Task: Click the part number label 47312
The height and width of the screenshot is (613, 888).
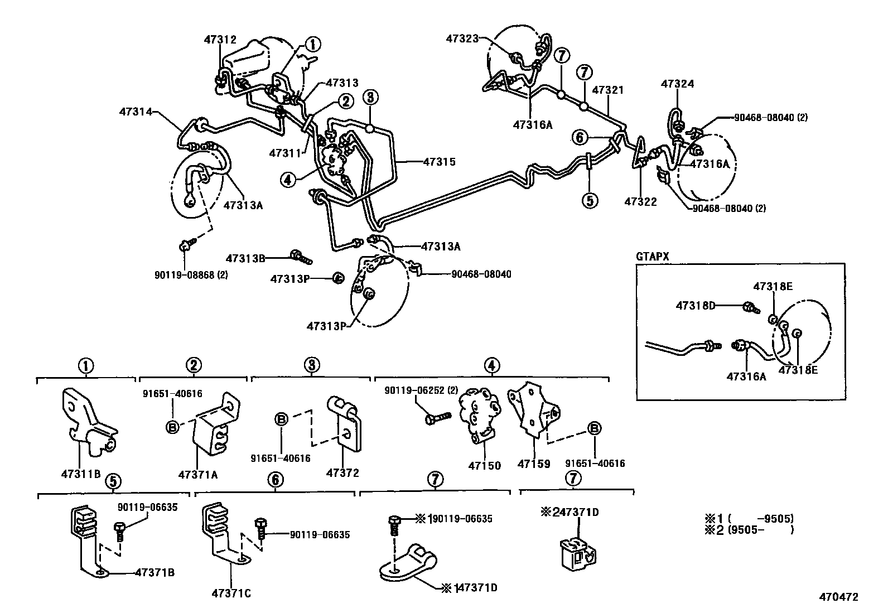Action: tap(220, 40)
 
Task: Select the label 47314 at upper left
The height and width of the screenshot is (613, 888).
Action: tap(135, 112)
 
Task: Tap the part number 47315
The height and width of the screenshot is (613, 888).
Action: tap(439, 162)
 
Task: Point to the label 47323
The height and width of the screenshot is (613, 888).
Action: tap(462, 38)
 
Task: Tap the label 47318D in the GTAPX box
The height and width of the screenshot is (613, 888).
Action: tap(694, 305)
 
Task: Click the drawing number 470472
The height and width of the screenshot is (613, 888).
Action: tap(838, 597)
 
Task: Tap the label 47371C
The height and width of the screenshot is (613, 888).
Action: tap(231, 593)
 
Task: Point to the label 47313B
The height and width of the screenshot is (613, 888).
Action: tap(245, 258)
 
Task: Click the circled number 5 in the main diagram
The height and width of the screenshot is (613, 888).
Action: tap(590, 200)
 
